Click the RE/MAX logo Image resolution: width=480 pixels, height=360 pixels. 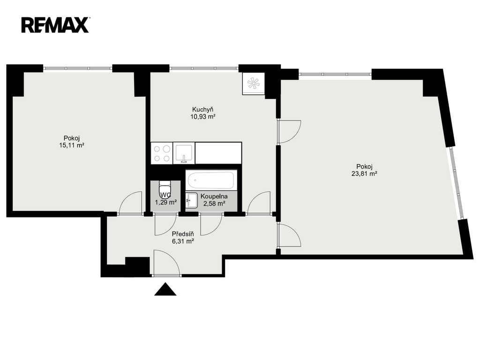coord(55,25)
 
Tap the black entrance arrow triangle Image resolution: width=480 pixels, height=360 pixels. coord(165,289)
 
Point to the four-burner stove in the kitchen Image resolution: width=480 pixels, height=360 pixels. coord(162,153)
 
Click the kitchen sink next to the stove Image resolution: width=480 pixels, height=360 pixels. coord(184,153)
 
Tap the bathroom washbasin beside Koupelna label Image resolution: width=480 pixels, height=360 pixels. coord(191,201)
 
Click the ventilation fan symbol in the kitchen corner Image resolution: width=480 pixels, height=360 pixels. coord(253,83)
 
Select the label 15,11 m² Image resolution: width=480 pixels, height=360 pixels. coord(72,145)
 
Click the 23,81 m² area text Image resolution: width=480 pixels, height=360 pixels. coord(364,173)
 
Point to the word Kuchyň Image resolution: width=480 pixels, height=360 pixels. coord(202,109)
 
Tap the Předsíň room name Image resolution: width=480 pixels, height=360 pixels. coord(183,234)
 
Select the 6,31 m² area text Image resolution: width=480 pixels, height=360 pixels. coord(183,241)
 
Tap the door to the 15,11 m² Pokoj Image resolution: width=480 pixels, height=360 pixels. coord(130,202)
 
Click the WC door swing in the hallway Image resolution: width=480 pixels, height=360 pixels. coord(165,225)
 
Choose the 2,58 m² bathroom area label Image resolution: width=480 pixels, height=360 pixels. coord(214,203)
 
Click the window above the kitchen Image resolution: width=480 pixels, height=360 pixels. coord(204,68)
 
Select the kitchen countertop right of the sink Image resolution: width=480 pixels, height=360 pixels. coord(218,153)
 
